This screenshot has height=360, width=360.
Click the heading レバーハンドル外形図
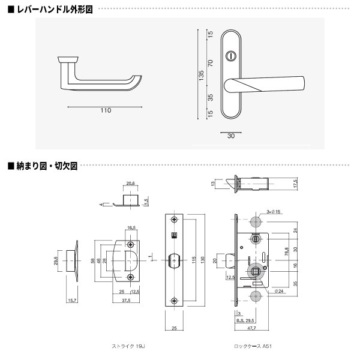click(x=51, y=10)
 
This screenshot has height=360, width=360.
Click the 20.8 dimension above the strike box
click(x=131, y=184)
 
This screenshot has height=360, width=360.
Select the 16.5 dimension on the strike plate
click(x=131, y=228)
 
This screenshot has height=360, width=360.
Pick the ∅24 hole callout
click(x=278, y=292)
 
